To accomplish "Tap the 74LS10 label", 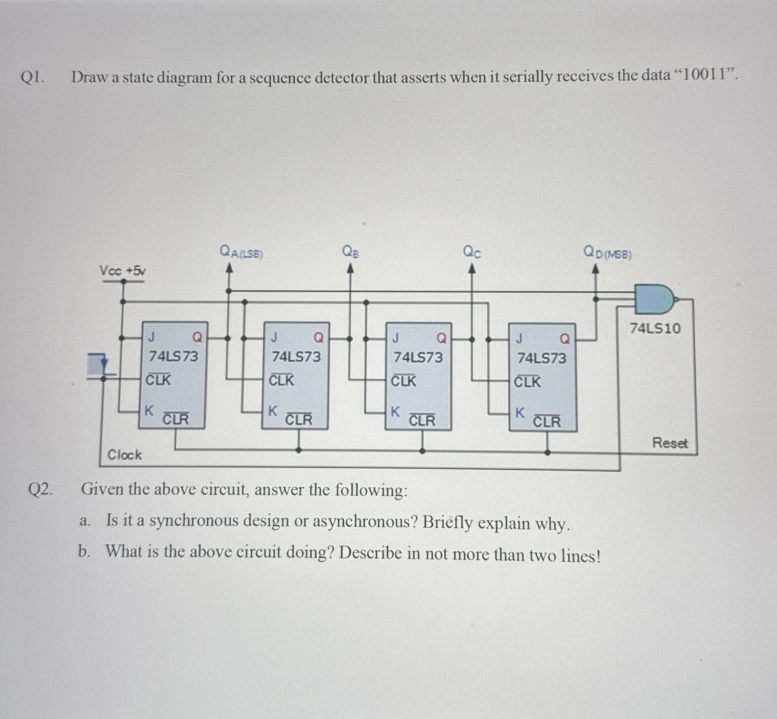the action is [x=655, y=329].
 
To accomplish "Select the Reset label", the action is [x=669, y=443].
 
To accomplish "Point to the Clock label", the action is [x=125, y=455].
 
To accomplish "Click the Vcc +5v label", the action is [x=123, y=270].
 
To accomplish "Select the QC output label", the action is [x=472, y=252].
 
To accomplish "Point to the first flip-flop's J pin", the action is [x=151, y=337].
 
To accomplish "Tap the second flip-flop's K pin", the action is [x=273, y=410].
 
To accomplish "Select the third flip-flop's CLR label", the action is [x=422, y=420].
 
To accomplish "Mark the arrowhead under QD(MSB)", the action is [x=595, y=270].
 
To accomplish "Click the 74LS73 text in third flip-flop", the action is [x=418, y=357].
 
